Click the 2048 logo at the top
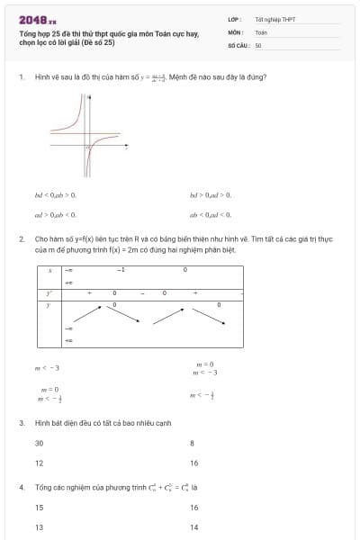tap(37, 19)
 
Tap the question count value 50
tap(258, 45)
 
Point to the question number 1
tap(21, 76)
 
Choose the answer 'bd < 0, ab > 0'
tap(56, 194)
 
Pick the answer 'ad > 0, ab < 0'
tap(56, 214)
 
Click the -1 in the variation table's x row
tap(121, 269)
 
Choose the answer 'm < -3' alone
tap(47, 367)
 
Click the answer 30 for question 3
tap(39, 443)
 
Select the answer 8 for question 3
tap(192, 443)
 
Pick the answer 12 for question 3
tap(39, 463)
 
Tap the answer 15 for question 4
tap(39, 508)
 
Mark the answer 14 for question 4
tap(193, 527)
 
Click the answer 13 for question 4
tap(39, 527)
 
